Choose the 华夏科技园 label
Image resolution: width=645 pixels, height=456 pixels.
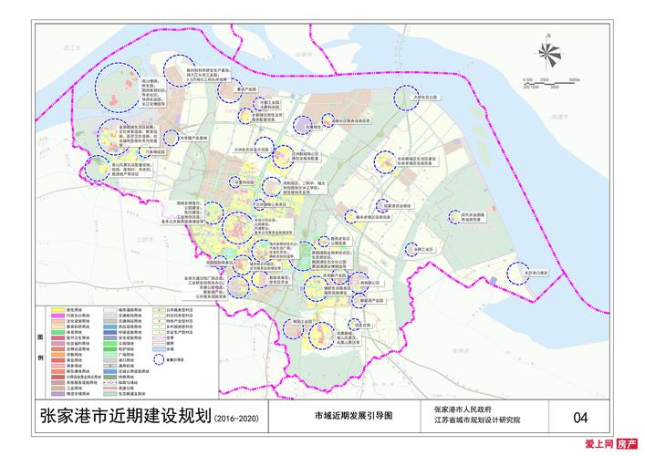(244, 182)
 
